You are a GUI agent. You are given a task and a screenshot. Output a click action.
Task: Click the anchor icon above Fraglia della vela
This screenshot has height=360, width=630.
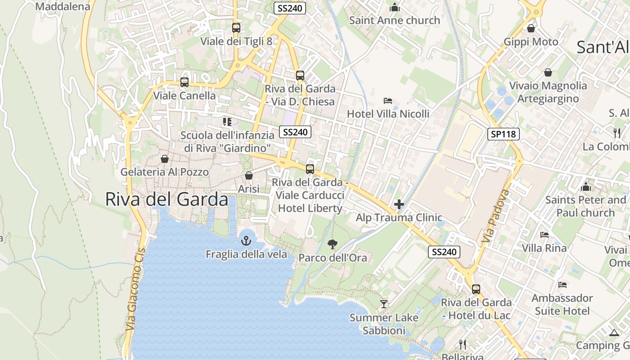point(246,241)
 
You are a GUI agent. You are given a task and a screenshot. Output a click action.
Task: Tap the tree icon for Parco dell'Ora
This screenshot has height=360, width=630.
point(333,244)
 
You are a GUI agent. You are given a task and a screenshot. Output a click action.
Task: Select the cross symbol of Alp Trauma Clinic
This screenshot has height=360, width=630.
point(399,204)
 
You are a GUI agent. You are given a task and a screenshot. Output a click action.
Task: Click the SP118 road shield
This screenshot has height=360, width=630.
point(504,134)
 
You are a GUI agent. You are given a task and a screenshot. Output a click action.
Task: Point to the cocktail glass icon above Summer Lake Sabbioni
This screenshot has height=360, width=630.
point(383,304)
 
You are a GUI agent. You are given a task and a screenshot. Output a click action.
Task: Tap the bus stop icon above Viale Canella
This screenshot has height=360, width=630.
point(184,82)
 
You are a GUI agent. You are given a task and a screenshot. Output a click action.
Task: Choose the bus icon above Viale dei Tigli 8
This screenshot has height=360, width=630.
point(236,28)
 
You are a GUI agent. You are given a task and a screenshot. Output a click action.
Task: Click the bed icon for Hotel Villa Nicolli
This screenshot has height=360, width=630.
point(387,100)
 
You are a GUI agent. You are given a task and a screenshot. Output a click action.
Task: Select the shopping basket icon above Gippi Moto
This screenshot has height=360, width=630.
point(531,28)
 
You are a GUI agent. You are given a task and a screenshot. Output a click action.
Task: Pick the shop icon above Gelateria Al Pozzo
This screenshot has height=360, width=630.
point(165,159)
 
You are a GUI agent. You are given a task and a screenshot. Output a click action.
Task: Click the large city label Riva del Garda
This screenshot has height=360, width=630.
point(166,199)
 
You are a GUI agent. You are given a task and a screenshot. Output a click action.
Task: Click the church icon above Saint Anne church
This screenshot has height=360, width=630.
point(395,7)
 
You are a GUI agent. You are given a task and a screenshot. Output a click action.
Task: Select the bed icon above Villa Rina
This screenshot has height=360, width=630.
point(544,234)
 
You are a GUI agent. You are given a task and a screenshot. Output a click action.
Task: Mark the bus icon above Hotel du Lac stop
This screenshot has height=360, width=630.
point(476,289)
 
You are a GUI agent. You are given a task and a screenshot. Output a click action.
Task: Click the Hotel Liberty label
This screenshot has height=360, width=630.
point(310,208)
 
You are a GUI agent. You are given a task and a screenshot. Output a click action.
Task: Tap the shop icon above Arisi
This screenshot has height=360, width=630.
point(249,175)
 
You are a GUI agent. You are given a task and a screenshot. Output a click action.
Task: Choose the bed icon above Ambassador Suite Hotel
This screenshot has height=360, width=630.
point(562,284)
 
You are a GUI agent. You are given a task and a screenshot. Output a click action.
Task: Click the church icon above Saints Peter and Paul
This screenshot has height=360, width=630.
point(585,186)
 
